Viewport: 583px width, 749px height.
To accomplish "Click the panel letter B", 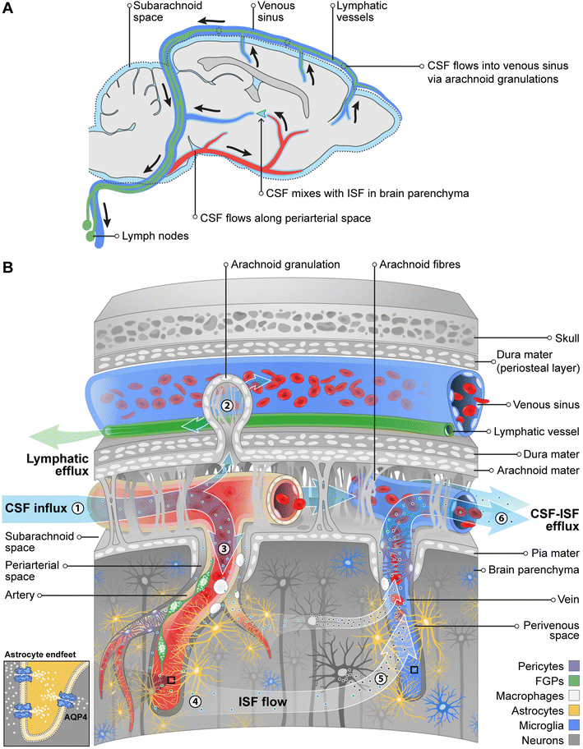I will click(9, 268).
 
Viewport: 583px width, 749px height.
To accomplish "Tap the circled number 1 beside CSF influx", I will click(77, 508).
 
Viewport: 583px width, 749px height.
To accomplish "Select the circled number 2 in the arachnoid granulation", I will click(228, 403).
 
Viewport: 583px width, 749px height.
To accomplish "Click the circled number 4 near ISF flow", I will click(195, 678).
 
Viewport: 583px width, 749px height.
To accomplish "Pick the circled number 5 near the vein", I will click(380, 678).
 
